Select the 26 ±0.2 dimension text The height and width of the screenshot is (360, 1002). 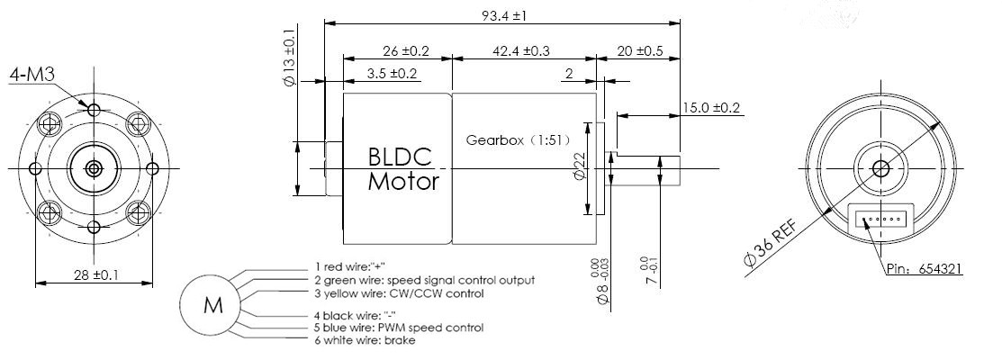[x=393, y=51]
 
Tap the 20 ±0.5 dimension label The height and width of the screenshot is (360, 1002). [x=640, y=51]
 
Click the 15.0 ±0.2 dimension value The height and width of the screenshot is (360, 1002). [x=711, y=107]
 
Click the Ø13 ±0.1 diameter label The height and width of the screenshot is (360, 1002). [x=291, y=56]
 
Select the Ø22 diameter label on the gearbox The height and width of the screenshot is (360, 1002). [x=581, y=168]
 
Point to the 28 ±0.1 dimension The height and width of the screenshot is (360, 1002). [x=94, y=275]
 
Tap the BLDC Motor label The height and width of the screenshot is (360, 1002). [x=403, y=169]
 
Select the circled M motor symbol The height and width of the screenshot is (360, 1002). [x=212, y=305]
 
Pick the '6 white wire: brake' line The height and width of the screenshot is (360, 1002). [x=365, y=340]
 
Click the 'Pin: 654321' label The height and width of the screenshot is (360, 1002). [x=924, y=269]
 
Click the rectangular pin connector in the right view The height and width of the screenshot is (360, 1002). [x=881, y=218]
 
